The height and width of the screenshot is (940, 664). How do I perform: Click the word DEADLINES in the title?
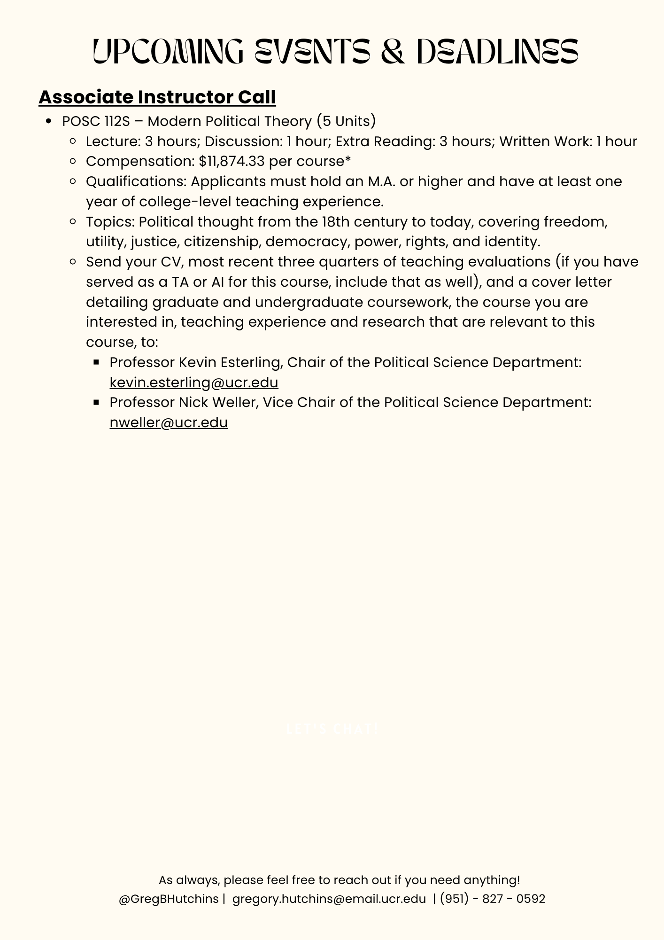point(497,51)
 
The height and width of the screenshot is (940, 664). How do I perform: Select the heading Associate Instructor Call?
point(157,97)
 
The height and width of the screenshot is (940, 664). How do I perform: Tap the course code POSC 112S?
point(96,121)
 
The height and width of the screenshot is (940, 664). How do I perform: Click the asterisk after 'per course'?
point(348,159)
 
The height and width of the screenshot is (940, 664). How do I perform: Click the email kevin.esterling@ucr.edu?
point(194,383)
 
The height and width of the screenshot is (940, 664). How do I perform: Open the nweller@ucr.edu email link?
point(169,423)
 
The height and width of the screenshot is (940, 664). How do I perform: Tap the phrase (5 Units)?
point(346,121)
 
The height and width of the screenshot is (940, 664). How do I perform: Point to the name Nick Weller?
point(218,402)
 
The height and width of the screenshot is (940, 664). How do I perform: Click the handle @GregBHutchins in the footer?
point(169,899)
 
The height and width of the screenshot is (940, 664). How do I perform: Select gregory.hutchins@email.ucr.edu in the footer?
point(329,899)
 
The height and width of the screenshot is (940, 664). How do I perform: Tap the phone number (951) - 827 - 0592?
point(493,899)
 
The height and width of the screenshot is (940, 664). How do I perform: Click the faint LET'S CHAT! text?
point(332,729)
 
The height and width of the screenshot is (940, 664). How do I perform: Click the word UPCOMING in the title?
point(168,51)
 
